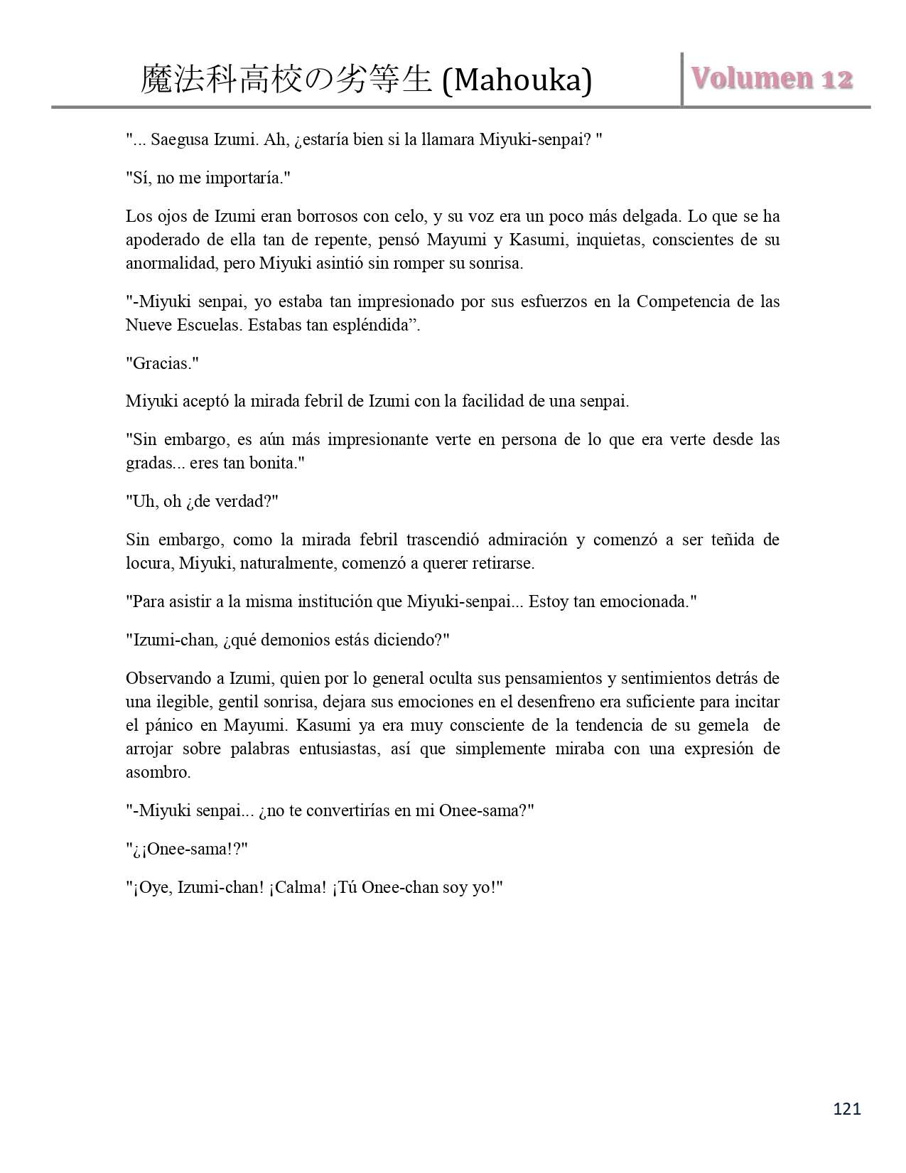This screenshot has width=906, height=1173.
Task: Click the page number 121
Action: [846, 1108]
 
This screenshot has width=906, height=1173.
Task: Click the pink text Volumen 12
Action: [772, 79]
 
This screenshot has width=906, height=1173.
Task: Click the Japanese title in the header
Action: [286, 80]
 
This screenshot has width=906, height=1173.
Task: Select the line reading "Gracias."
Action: [162, 363]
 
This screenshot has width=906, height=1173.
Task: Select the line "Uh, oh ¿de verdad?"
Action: [202, 501]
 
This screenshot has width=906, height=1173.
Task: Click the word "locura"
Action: [148, 564]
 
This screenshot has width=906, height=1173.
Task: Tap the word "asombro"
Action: [157, 773]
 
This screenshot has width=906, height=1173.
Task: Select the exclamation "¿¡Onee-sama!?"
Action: [186, 849]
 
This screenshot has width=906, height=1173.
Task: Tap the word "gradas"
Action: [148, 464]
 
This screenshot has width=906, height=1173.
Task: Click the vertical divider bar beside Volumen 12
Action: [682, 79]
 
